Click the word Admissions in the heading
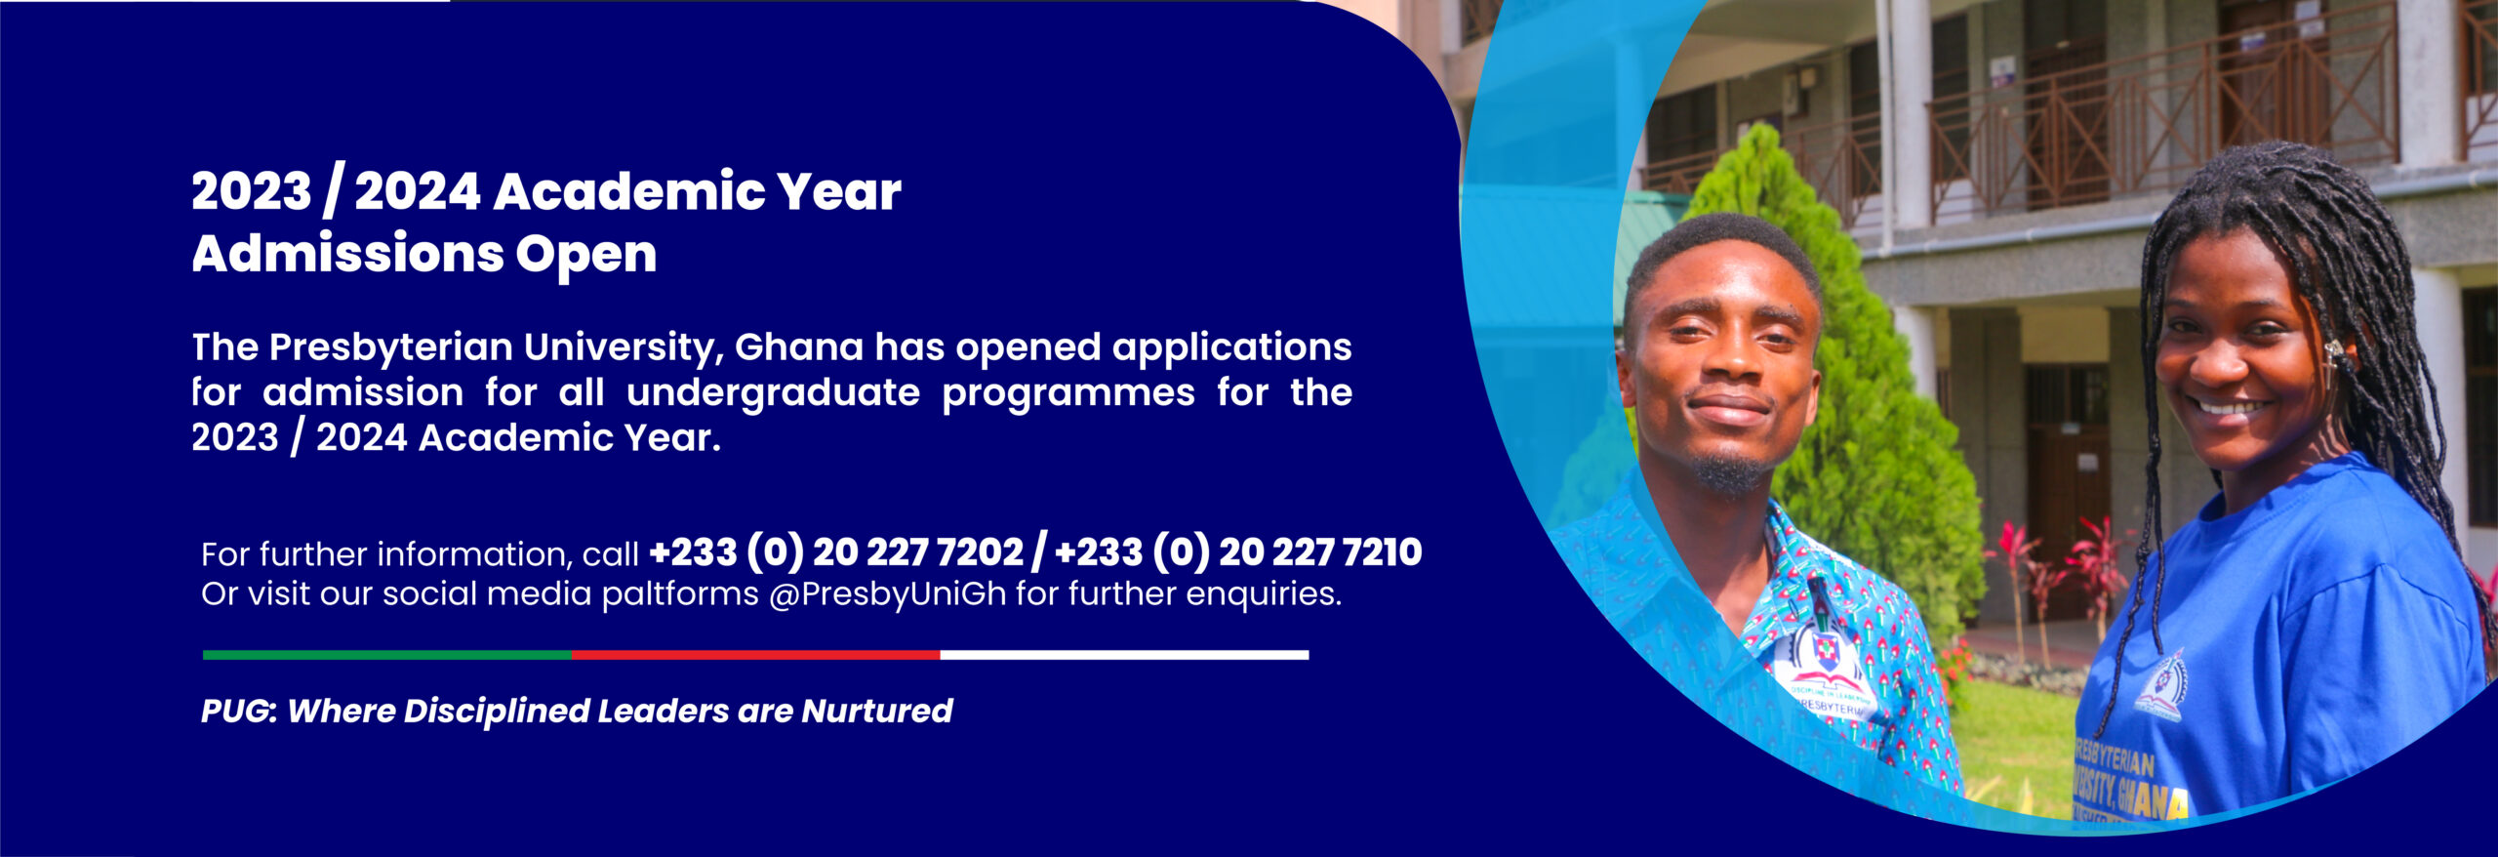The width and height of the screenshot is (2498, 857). pos(346,254)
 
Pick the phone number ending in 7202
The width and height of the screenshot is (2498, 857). pos(836,552)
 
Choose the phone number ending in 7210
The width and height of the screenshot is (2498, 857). pos(1238,552)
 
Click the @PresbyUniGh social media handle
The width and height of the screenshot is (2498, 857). pos(887,594)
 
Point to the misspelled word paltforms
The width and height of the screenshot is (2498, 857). pos(680,594)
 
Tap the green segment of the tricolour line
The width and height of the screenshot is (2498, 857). pos(386,655)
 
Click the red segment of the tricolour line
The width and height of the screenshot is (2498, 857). pos(755,655)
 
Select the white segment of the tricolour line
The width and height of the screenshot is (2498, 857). pos(1124,655)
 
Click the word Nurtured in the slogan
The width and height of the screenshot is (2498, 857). pos(876,711)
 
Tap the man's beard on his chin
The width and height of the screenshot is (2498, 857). pos(1729,474)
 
